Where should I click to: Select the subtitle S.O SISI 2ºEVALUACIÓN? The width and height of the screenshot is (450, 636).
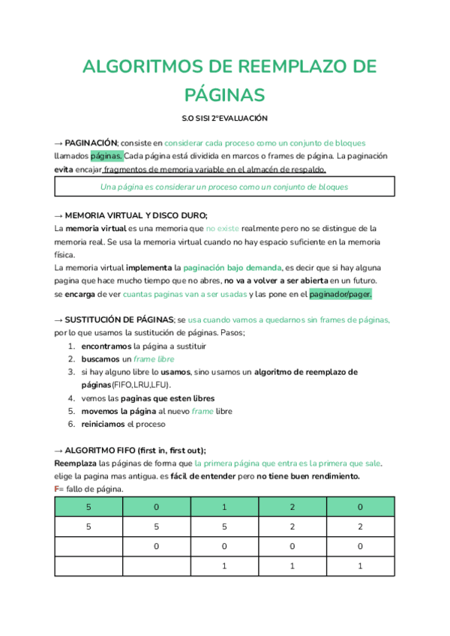(224, 118)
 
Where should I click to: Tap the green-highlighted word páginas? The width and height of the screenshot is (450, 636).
(106, 156)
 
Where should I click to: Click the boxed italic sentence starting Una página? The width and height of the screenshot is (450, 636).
(224, 187)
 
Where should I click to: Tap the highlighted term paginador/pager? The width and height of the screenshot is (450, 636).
(340, 294)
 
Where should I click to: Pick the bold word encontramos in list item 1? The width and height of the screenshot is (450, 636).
(105, 346)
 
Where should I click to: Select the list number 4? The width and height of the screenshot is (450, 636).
(71, 398)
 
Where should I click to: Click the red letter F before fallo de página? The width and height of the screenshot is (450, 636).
(57, 489)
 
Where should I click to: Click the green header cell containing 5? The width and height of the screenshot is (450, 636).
(88, 507)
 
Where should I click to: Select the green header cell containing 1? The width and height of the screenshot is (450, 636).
(224, 507)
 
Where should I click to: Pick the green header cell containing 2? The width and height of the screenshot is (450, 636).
(292, 507)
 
